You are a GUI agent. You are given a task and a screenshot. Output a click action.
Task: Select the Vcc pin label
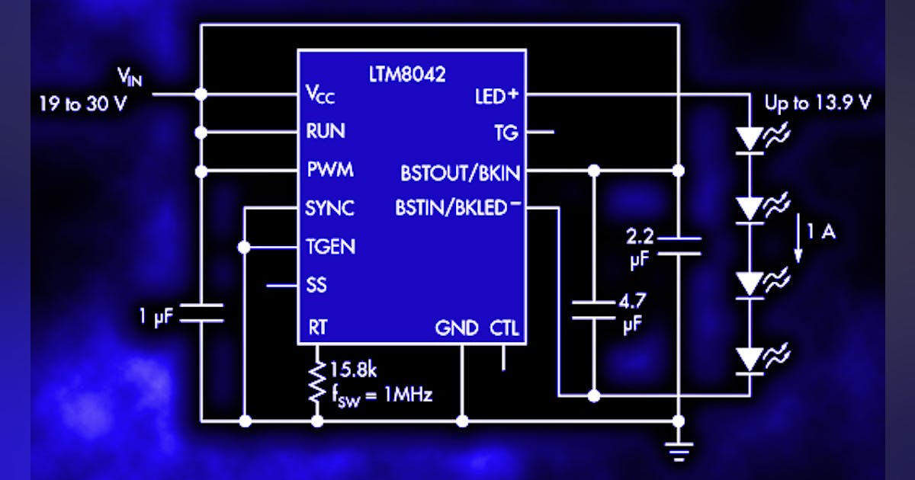click(320, 95)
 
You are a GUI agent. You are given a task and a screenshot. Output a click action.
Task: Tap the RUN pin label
click(325, 132)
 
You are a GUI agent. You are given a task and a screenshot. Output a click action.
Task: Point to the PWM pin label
click(329, 170)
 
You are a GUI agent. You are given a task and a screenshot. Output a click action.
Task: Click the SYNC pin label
click(329, 208)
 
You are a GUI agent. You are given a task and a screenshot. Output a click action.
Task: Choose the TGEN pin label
click(329, 247)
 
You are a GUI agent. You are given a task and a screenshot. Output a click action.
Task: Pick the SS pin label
click(316, 286)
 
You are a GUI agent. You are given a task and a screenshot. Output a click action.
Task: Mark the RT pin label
click(317, 328)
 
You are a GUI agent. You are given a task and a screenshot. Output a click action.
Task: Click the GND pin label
click(456, 328)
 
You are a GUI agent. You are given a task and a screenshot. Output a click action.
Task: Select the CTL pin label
click(504, 328)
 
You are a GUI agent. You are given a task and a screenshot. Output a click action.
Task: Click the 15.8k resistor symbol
click(316, 383)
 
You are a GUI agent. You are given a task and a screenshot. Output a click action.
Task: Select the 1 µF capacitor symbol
click(201, 312)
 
